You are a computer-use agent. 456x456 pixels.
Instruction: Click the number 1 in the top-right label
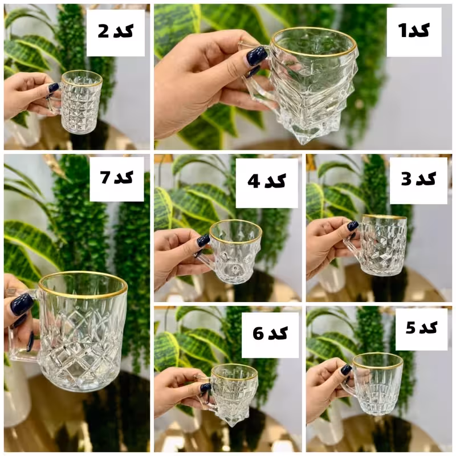point(402,31)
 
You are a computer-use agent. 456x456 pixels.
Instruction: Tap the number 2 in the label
point(103,31)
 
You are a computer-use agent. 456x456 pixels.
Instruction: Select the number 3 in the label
point(406,179)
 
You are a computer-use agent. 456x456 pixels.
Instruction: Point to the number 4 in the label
point(254,181)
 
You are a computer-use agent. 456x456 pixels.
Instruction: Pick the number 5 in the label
point(410,328)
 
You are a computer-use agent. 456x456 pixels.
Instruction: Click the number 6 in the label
point(258,333)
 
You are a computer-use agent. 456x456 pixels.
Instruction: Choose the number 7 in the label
point(105,177)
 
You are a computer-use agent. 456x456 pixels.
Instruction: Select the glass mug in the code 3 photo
point(377,245)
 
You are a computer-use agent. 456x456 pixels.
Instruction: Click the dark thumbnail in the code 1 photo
point(257,56)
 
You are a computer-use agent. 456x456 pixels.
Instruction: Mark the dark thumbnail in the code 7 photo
point(22,304)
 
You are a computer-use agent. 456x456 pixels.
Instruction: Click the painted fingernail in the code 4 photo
point(203,241)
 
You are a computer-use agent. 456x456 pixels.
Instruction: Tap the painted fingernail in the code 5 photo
point(346,369)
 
